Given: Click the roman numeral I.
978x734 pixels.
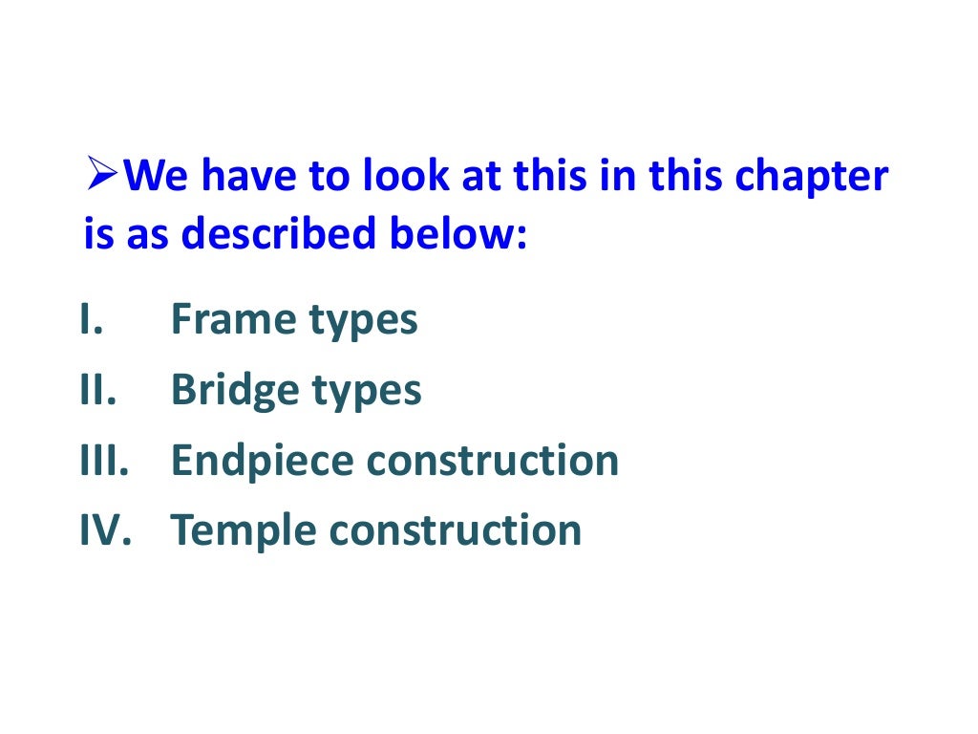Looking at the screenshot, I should click(x=91, y=320).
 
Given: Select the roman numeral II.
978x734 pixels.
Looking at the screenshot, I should click(x=96, y=390).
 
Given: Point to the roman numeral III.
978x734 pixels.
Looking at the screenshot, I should click(x=102, y=461).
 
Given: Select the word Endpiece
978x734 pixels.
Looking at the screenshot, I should click(x=262, y=462).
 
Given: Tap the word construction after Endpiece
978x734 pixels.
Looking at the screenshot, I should click(x=493, y=462).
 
